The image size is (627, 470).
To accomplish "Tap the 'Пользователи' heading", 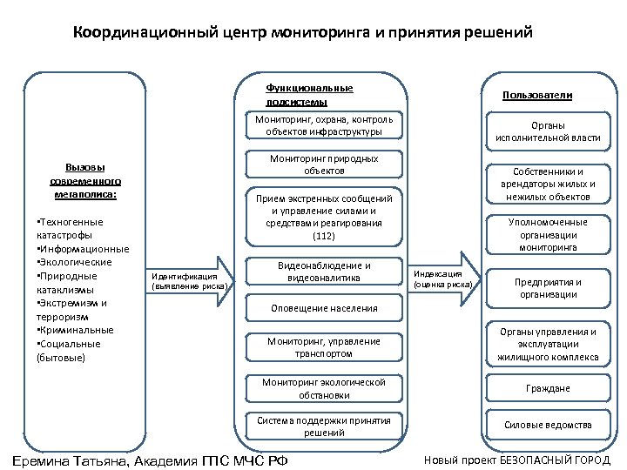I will point(536,96).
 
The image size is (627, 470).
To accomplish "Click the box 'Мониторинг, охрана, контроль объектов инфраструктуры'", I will point(324,125).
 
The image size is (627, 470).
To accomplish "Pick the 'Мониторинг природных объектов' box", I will point(324,164).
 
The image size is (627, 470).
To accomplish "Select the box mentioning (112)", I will point(324,217).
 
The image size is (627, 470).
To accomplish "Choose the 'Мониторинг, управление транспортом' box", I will point(324,347).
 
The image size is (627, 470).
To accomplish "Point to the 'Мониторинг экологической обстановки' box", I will point(324,387).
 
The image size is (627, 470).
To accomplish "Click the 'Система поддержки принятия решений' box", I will point(324,426).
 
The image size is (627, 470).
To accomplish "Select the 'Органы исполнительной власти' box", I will point(548,131).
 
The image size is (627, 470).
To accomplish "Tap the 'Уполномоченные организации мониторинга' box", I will point(548,235).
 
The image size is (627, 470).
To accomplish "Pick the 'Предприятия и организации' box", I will point(548,288).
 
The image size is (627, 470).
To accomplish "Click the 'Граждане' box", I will point(548,388).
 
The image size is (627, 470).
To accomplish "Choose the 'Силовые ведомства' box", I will point(548,425).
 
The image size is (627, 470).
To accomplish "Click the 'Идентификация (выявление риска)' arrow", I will point(189,280).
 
